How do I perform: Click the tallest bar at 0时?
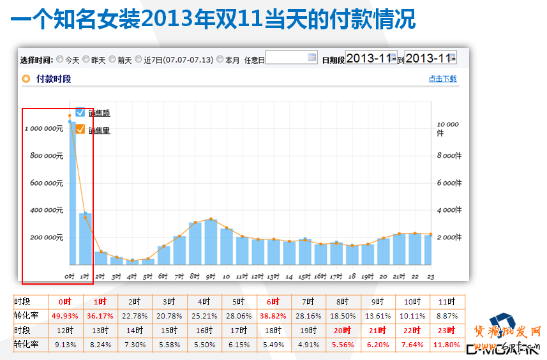72,191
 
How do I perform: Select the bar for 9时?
211,242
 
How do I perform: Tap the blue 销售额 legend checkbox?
80,112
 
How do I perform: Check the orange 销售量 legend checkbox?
80,130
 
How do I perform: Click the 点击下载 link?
442,79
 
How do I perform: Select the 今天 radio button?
60,59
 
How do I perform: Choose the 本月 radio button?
220,59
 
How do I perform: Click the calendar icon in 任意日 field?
311,57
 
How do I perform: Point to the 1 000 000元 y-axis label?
44,128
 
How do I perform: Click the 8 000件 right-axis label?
449,156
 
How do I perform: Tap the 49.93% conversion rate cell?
64,316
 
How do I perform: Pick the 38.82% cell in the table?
272,316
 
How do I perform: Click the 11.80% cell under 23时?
447,345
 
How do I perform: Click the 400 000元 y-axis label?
46,210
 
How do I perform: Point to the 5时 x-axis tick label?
147,277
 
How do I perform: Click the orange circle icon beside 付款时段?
26,79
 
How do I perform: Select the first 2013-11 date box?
371,58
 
